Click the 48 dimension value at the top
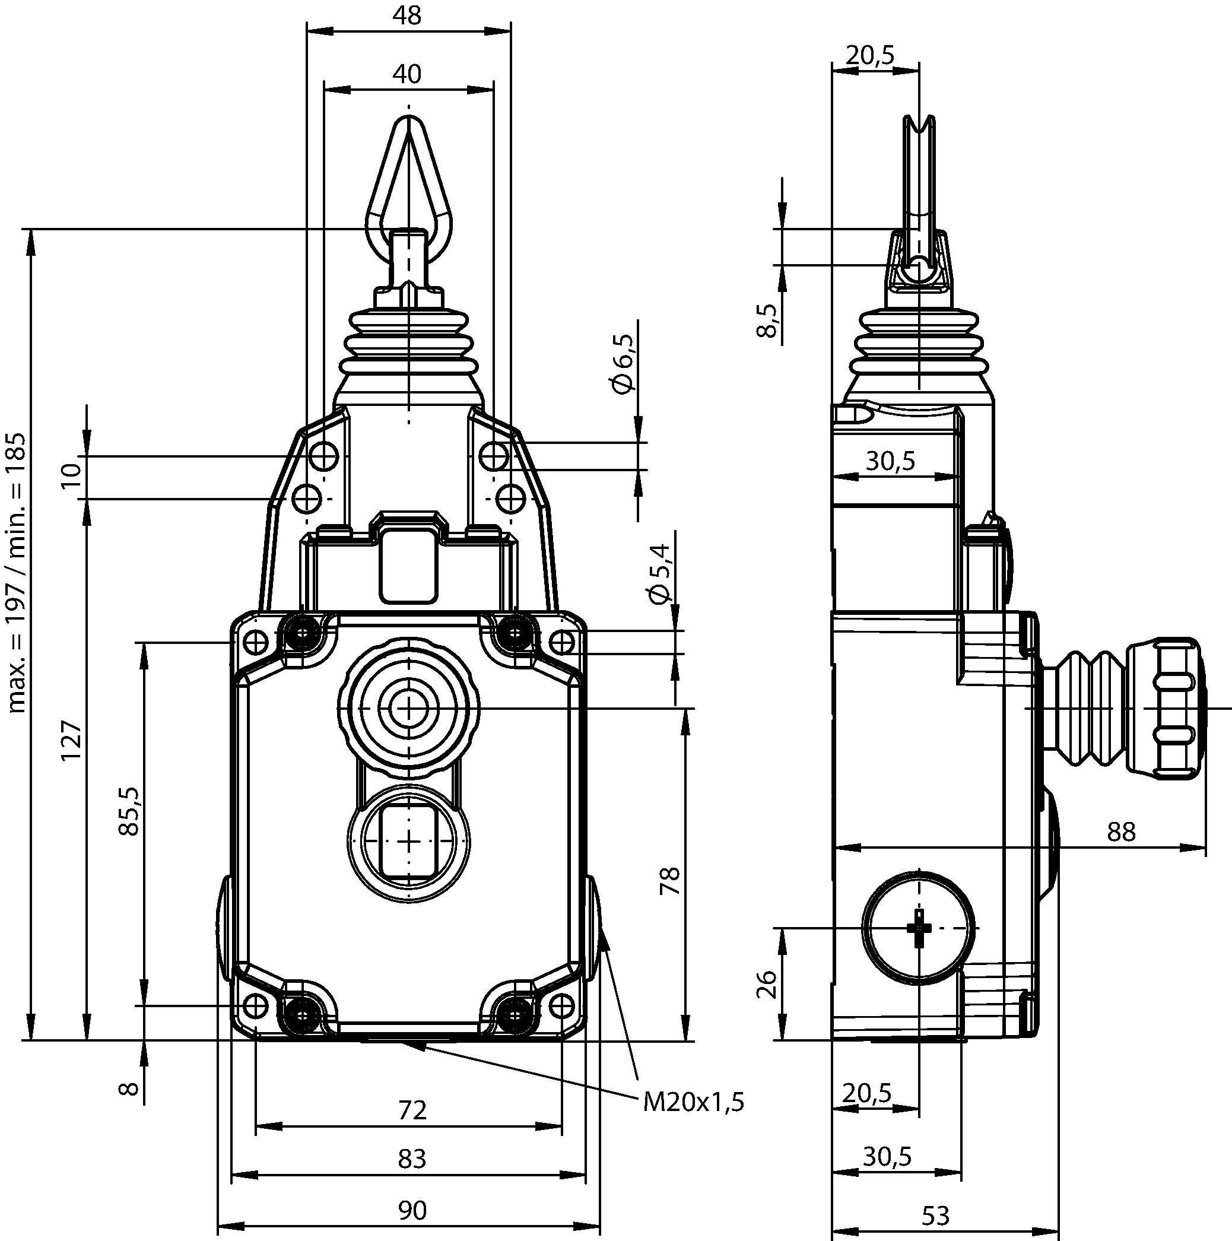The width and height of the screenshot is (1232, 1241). point(407,15)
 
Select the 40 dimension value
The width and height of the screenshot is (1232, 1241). point(407,75)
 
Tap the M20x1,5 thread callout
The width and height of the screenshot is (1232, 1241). point(694,1102)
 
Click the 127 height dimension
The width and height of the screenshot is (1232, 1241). point(71,741)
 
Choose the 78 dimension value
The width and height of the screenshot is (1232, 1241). point(669,881)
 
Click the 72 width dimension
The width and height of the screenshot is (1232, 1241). point(412,1110)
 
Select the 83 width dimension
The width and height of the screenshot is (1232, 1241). point(412,1159)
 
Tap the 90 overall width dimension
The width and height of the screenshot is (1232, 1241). point(412,1210)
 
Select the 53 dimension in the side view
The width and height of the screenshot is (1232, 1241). point(935,1216)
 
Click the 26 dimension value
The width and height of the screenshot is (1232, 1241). point(767,983)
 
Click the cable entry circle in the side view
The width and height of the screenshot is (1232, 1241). point(919,928)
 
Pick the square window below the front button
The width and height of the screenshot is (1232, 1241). point(408,842)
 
